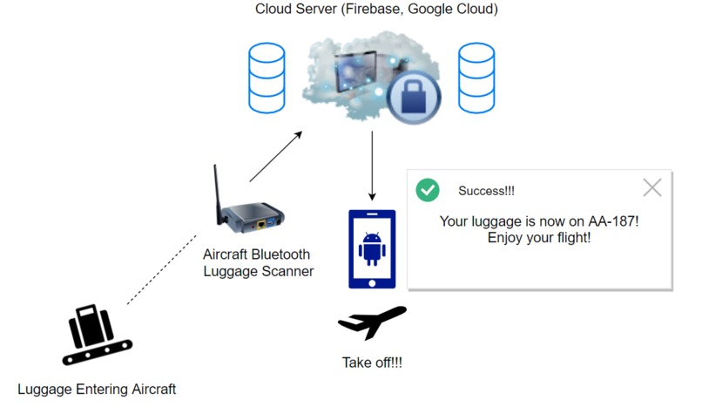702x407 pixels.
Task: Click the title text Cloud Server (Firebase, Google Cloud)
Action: [376, 10]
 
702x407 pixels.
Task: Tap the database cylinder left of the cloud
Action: [267, 78]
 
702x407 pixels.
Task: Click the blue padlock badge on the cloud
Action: [414, 97]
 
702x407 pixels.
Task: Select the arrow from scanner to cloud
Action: [275, 157]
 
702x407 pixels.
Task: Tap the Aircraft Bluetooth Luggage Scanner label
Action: [258, 263]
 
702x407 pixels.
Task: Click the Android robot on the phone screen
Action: [372, 248]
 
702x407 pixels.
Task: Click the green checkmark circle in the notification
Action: [427, 190]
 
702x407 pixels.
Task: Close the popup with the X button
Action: [651, 187]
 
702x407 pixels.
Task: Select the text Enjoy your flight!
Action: [539, 237]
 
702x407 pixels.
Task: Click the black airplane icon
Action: [372, 323]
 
